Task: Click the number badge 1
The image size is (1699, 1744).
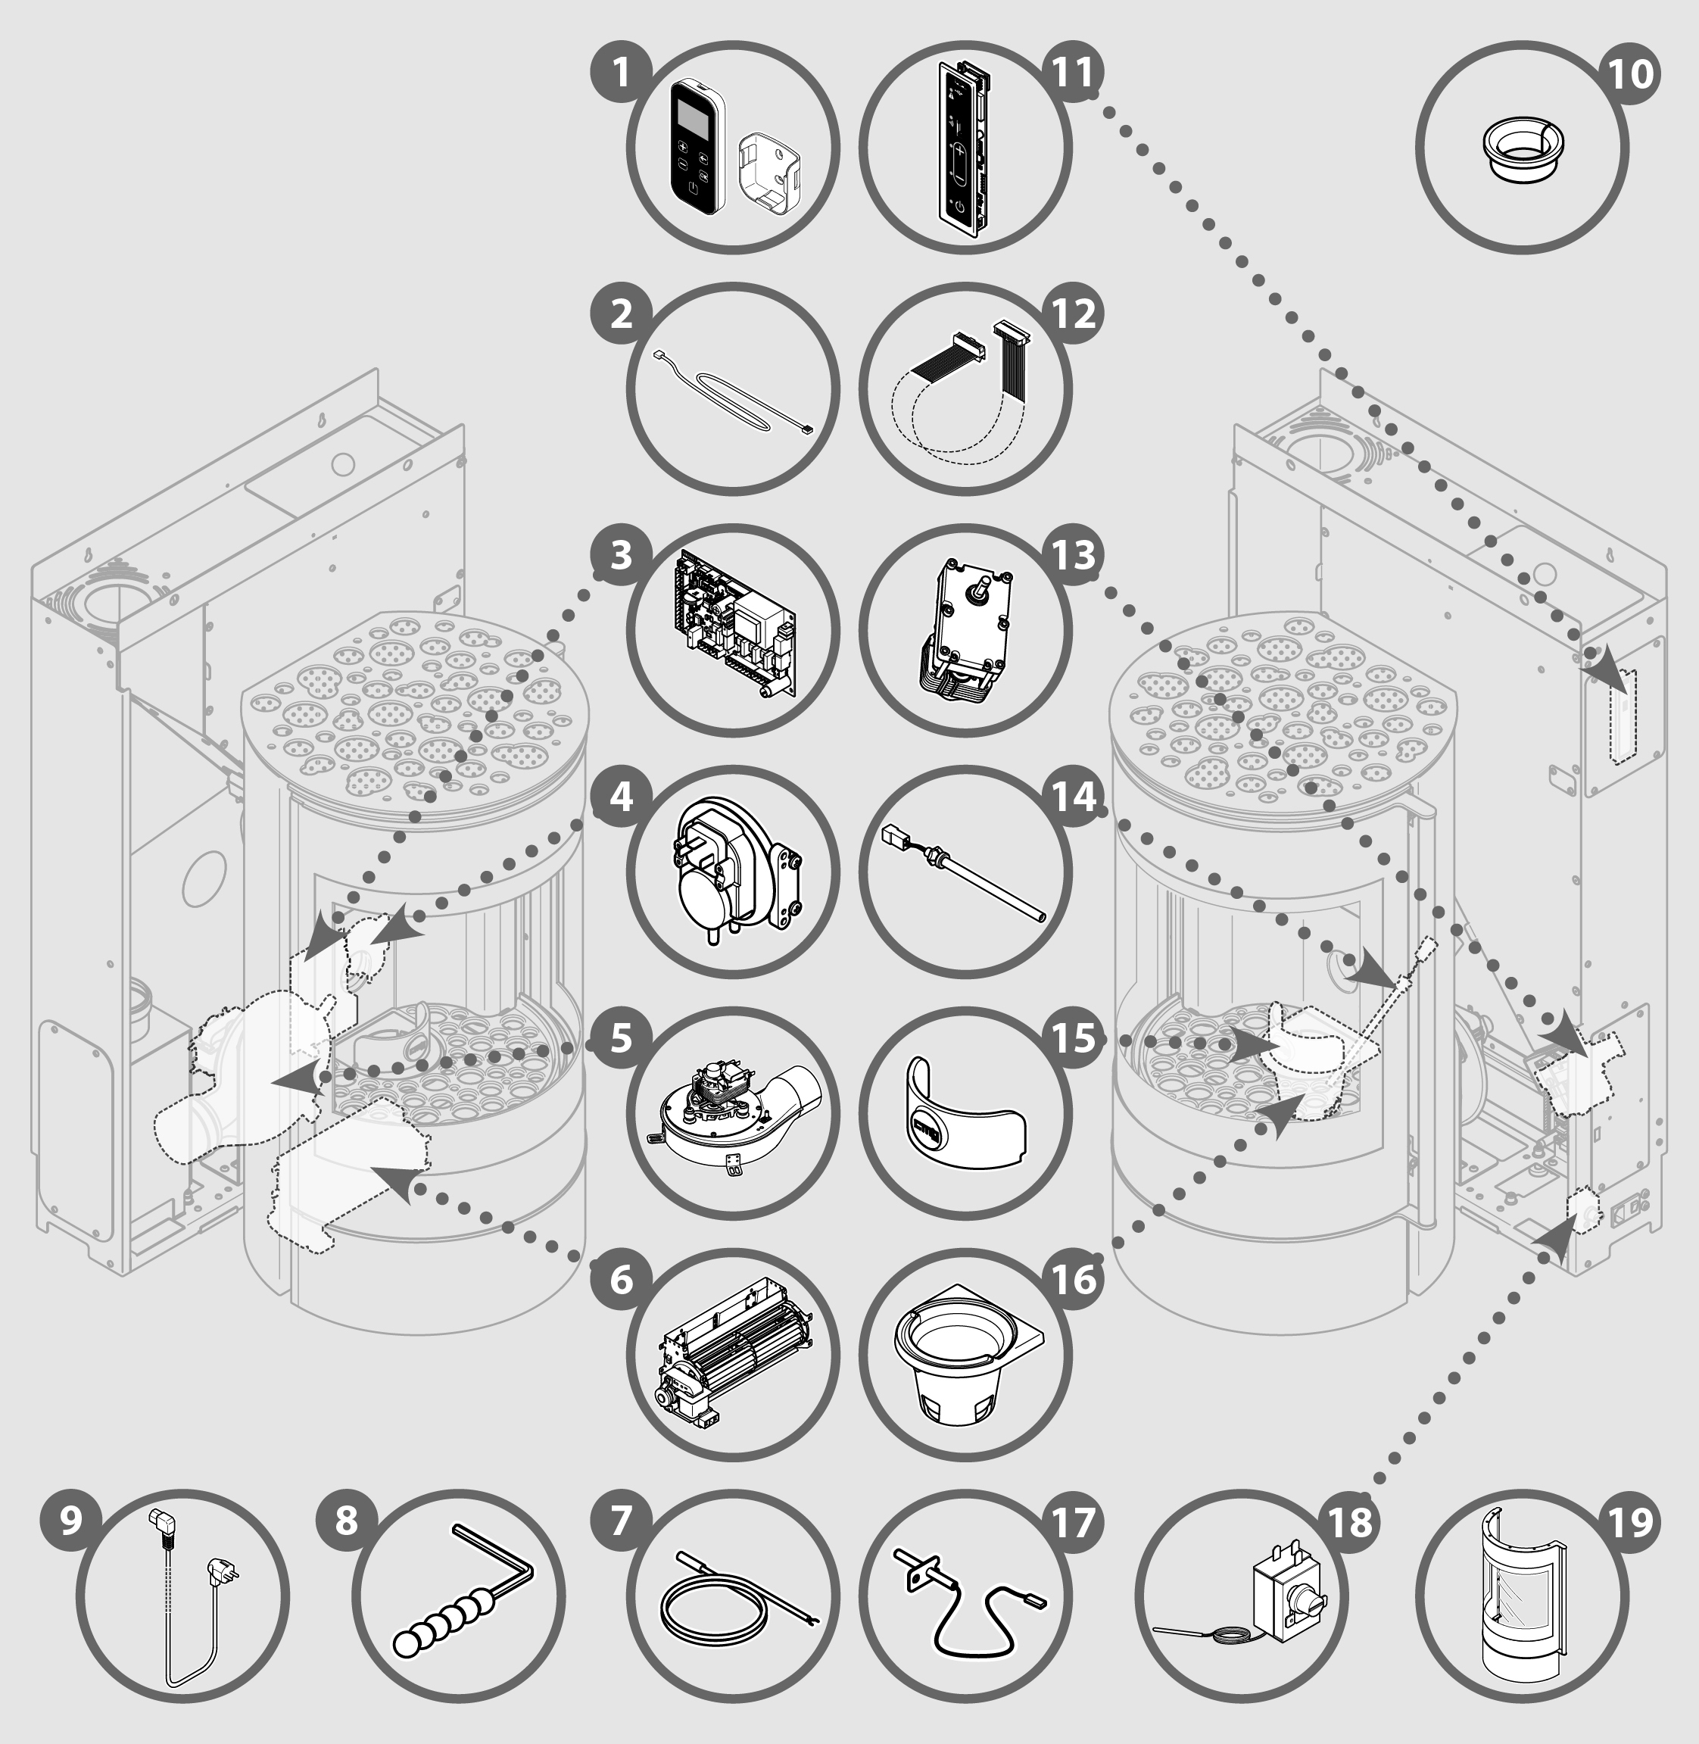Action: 621,72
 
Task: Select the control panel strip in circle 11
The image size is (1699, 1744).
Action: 962,147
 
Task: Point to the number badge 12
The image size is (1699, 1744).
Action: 1074,314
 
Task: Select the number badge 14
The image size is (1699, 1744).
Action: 1074,796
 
